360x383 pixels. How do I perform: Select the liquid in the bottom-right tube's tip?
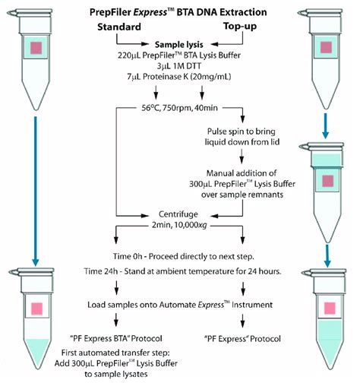(327, 346)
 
